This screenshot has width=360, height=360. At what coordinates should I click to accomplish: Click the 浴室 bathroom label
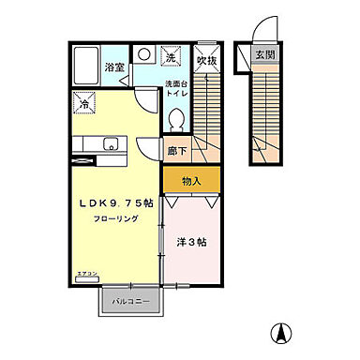pyautogui.click(x=114, y=68)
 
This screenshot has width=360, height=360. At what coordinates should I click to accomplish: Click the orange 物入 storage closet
pyautogui.click(x=190, y=178)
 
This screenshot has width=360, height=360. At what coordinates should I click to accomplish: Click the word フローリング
pyautogui.click(x=116, y=219)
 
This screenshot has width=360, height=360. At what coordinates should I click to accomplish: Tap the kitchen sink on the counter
pyautogui.click(x=112, y=143)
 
